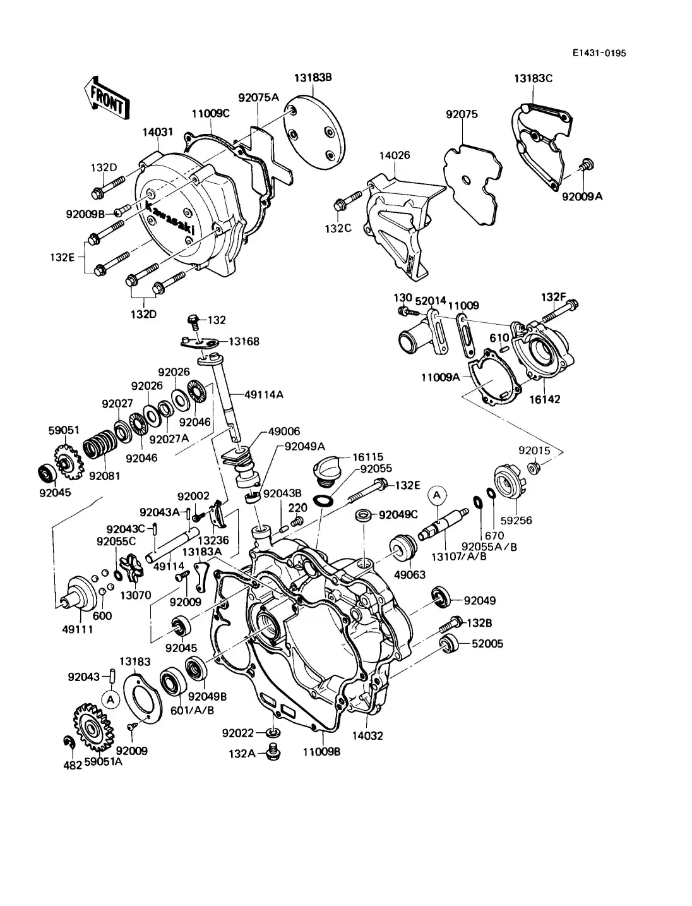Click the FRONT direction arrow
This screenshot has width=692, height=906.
click(105, 99)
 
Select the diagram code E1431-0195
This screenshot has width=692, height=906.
click(599, 54)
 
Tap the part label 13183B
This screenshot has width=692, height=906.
click(313, 78)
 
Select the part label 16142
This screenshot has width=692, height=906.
click(544, 399)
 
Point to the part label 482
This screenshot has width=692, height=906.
click(73, 765)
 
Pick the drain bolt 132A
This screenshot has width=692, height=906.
click(273, 751)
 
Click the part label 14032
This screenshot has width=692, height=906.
click(368, 735)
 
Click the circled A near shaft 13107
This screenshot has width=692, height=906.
click(436, 496)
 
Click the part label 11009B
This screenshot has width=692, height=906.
click(321, 752)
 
